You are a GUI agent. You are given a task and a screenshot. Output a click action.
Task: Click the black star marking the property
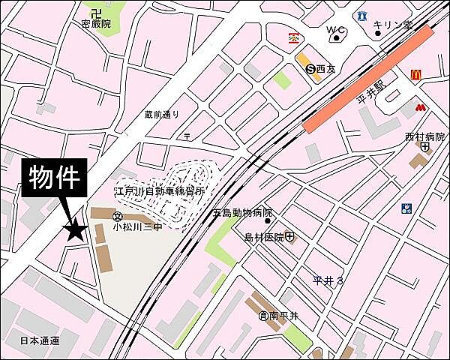pos(74,230)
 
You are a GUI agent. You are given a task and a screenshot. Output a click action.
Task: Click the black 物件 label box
pos(58,178)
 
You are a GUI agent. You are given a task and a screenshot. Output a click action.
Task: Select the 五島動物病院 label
pos(242,213)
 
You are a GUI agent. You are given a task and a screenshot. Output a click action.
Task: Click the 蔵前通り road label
pos(163,115)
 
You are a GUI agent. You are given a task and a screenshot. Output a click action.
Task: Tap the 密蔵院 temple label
pos(96,24)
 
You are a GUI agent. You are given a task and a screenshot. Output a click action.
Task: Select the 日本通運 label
pos(40,340)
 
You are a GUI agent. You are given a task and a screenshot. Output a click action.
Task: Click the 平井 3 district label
pos(328,280)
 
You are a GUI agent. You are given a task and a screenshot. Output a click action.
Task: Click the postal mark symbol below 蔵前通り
pos(187,135)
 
